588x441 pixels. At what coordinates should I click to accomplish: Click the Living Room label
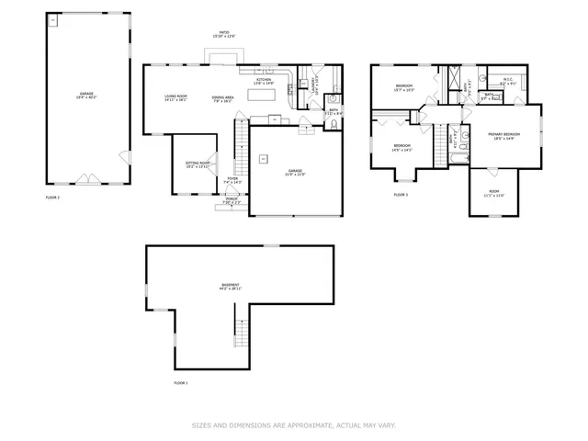175,97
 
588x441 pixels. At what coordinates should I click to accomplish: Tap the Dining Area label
221,98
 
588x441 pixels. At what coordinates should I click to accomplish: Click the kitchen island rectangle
266,93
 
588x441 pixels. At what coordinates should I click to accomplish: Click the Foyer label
233,180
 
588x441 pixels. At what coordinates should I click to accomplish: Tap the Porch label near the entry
232,202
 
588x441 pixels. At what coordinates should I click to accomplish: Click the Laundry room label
313,85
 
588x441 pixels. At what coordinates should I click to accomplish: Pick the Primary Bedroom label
504,136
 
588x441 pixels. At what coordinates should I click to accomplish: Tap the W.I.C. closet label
504,81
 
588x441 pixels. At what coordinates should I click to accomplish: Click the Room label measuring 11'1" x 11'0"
493,194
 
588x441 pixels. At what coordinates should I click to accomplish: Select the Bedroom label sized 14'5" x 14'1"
402,148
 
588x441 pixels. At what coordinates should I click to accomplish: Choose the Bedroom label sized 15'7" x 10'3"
403,88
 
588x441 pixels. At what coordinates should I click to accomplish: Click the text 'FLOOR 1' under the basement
181,382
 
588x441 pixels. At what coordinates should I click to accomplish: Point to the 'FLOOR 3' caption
401,195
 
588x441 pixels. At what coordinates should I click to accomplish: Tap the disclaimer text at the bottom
293,425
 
